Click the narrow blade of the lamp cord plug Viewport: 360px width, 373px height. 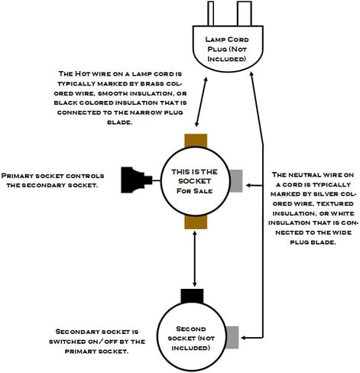click(x=210, y=14)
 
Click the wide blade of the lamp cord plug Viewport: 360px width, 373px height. click(x=245, y=14)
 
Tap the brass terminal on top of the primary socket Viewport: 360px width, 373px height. click(x=196, y=141)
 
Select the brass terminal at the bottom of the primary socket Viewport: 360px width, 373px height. click(x=196, y=222)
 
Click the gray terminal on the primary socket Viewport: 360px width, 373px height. click(x=236, y=181)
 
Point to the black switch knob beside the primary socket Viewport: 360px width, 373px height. click(x=137, y=180)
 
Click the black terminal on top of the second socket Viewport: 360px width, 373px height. click(x=192, y=296)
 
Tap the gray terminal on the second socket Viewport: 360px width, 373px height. click(x=232, y=337)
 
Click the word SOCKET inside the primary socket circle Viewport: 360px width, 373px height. click(x=195, y=181)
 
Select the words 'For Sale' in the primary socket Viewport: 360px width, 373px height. click(x=195, y=191)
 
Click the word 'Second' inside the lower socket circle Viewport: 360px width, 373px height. click(x=191, y=329)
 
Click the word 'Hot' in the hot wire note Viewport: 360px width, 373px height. click(x=82, y=73)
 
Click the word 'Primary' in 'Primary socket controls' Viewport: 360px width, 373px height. click(x=17, y=176)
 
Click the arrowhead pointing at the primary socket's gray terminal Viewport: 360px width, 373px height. click(x=248, y=185)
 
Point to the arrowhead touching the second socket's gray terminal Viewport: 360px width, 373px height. click(x=244, y=338)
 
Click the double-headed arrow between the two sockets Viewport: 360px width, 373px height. click(x=195, y=259)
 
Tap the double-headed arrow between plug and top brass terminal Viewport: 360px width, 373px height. click(x=201, y=102)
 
